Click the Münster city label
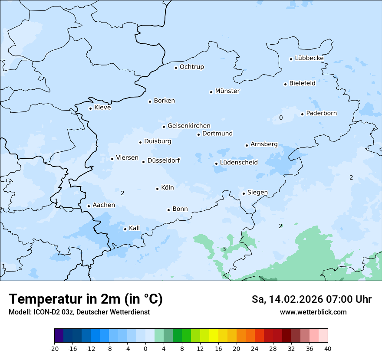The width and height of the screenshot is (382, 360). pos(227,91)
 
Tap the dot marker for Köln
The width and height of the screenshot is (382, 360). pos(158,189)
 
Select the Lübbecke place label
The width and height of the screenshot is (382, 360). pos(309,58)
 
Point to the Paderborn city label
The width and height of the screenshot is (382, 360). pos(321,113)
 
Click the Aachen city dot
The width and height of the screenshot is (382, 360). pos(89,206)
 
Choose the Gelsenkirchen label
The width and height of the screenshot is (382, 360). pos(189,126)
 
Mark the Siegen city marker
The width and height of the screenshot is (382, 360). pos(244,194)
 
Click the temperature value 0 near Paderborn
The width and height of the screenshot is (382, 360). pos(281,118)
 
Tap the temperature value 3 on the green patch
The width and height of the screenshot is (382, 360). pos(224,249)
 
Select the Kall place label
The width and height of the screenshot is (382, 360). pos(135,228)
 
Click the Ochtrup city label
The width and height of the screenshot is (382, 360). pos(191,67)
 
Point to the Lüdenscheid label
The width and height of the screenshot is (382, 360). pos(239,163)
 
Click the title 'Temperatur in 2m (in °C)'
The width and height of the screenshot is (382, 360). pos(86,299)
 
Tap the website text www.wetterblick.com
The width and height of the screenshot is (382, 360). pos(313,312)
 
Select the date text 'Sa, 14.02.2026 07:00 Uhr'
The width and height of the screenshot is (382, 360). pos(311,299)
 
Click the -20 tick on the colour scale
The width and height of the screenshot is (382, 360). pos(54,349)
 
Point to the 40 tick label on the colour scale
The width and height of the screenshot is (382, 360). pos(328,349)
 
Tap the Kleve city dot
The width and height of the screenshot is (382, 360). pos(91,108)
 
